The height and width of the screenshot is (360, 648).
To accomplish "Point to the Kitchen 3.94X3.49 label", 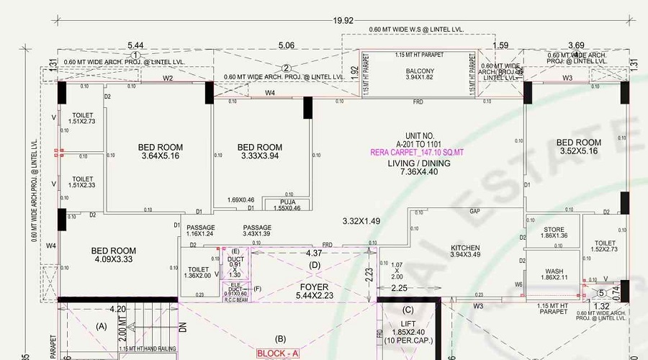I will point(464,251).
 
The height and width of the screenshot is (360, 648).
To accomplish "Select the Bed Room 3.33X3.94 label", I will point(259,151).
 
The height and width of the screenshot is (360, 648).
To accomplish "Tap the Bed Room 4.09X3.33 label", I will point(113,255).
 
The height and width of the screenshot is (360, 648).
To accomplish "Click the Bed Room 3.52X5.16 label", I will point(579,147).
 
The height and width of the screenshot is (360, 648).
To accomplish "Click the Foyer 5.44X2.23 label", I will point(314,291).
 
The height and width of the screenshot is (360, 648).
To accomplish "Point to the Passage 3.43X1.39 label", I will point(256,230).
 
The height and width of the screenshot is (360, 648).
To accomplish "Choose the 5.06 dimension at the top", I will point(286,45).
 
